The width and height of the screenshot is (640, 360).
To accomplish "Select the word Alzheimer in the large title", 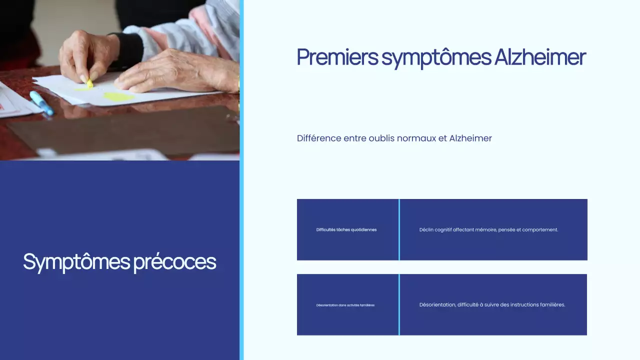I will pos(540,57).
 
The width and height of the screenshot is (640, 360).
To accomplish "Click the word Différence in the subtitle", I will pos(318,138).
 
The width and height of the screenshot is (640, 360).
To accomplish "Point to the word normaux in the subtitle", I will pos(416,138).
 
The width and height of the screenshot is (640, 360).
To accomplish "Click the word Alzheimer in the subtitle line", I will pos(470,138).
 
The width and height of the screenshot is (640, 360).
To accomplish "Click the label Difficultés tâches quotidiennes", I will pos(346,230).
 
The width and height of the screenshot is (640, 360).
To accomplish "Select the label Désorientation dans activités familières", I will pos(345,305).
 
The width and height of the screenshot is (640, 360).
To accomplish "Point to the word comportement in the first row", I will pos(540,230).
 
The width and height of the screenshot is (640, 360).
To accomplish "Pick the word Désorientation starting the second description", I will pos(436,304).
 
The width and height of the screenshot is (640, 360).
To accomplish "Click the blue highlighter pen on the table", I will pos(41,103).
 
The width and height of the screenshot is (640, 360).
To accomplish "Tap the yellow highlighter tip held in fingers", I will pos(89,83).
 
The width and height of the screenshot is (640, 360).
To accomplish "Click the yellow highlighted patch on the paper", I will pos(118,97).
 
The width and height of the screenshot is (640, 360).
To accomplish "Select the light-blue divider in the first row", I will pos(399,229).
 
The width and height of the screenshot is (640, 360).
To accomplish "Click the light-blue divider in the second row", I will pos(399,304).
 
